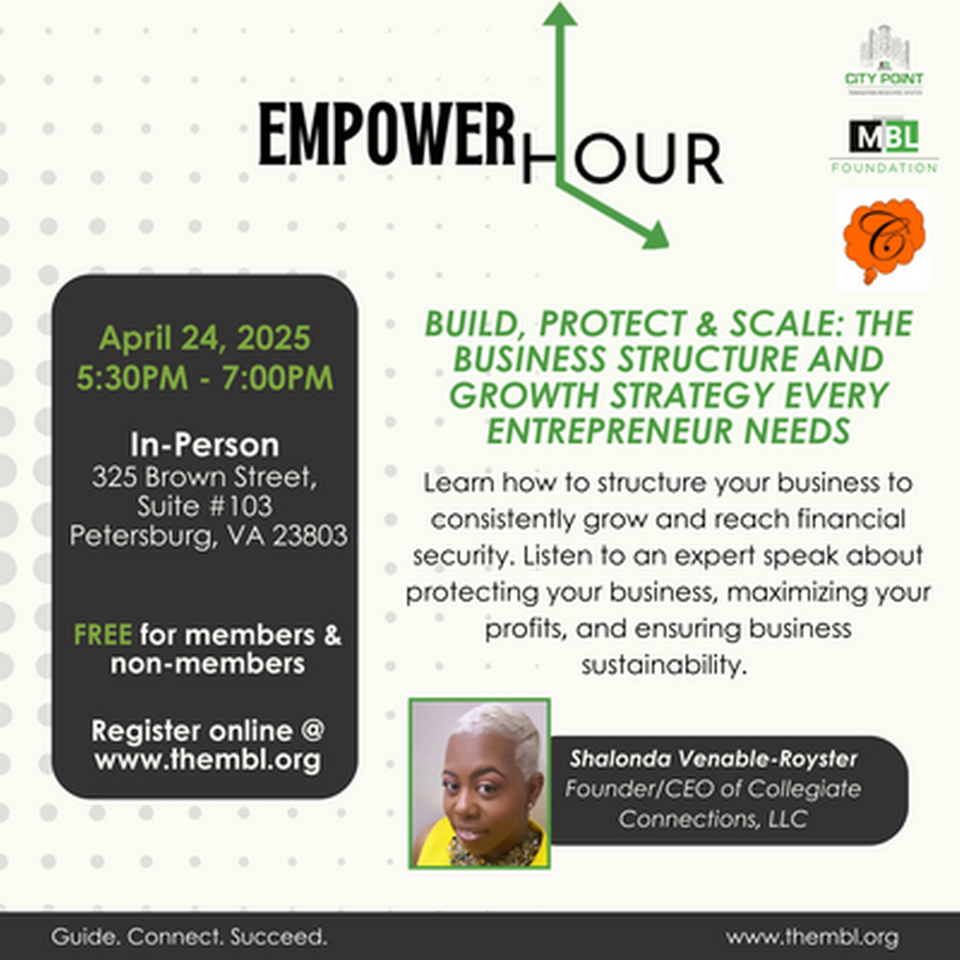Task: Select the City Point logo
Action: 883,61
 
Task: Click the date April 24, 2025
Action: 205,338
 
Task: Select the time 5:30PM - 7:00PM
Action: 205,378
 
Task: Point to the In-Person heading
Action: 205,445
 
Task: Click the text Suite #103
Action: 205,506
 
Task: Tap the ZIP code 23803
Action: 310,535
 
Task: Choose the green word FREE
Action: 102,635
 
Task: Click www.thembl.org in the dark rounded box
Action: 207,760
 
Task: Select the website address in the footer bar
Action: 812,937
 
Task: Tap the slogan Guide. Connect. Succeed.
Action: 190,937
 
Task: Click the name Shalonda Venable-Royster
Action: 713,758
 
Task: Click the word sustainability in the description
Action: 664,665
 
